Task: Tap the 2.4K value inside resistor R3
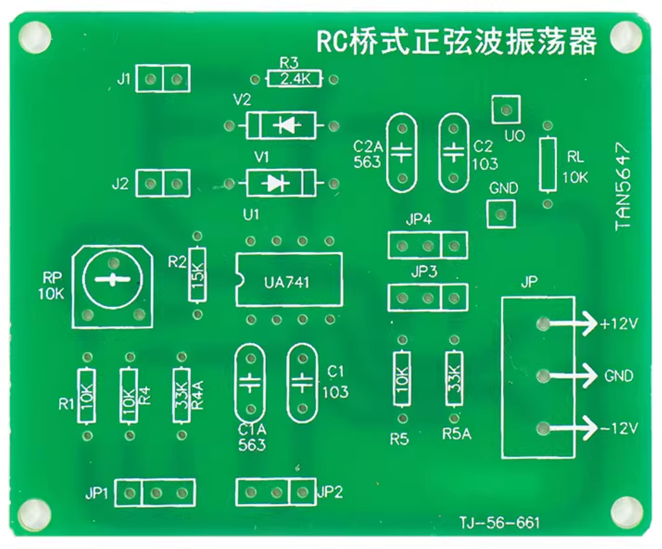point(294,79)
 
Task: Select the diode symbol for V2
point(285,126)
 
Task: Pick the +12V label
point(618,324)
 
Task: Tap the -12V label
point(619,429)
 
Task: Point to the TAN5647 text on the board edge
point(623,186)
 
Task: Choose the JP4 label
point(418,220)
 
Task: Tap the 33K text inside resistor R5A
point(454,377)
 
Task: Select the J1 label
point(123,79)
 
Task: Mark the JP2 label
point(329,492)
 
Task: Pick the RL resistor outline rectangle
point(547,164)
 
